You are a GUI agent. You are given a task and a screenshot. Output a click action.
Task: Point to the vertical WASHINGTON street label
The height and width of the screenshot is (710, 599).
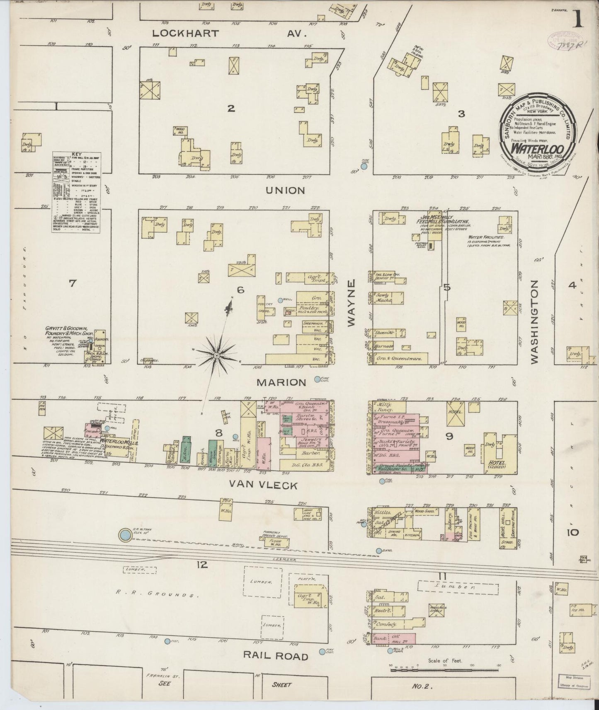point(534,322)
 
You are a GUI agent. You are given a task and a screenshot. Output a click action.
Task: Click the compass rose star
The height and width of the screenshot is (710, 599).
point(216,356)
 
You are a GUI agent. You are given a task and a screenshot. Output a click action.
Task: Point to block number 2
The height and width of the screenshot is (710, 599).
point(231,109)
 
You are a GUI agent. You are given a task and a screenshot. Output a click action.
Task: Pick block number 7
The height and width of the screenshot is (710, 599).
point(73,283)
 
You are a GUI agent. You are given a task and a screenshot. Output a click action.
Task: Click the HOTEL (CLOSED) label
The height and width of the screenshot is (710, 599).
point(493,468)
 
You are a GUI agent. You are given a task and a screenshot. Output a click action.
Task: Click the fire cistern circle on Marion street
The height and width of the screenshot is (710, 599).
point(318,379)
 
